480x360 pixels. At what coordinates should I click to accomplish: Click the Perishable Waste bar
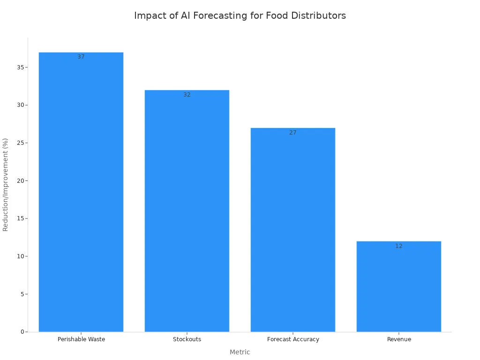pyautogui.click(x=81, y=192)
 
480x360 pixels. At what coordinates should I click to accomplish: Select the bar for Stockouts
pyautogui.click(x=187, y=211)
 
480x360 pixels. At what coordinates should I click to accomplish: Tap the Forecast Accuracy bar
pyautogui.click(x=293, y=230)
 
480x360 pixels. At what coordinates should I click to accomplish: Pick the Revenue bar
pyautogui.click(x=398, y=286)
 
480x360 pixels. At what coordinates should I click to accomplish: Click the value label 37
pyautogui.click(x=81, y=57)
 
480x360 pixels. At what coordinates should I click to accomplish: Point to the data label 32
pyautogui.click(x=187, y=95)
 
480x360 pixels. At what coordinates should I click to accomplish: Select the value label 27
pyautogui.click(x=293, y=133)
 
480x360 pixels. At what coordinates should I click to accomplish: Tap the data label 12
pyautogui.click(x=398, y=246)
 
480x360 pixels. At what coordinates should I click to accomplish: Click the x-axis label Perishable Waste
pyautogui.click(x=81, y=339)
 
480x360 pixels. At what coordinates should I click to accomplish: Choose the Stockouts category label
pyautogui.click(x=187, y=339)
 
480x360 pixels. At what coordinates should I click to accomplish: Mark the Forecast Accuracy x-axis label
pyautogui.click(x=293, y=339)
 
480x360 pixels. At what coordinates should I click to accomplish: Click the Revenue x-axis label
pyautogui.click(x=399, y=339)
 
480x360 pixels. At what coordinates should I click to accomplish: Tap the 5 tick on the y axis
pyautogui.click(x=22, y=294)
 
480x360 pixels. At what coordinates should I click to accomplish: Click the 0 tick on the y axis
pyautogui.click(x=22, y=332)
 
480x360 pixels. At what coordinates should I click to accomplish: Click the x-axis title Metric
pyautogui.click(x=240, y=352)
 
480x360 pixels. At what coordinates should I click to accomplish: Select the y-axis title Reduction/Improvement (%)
pyautogui.click(x=6, y=184)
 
